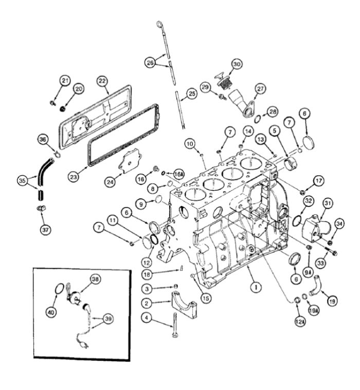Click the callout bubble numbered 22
[102, 81]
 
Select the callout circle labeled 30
[237, 64]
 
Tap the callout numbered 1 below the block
[256, 287]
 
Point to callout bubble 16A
[178, 174]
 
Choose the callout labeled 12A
[300, 322]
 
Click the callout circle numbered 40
[51, 312]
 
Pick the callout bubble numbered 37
[45, 230]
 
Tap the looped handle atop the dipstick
[159, 24]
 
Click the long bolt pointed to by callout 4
[174, 325]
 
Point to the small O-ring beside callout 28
[258, 119]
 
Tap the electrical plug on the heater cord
[84, 345]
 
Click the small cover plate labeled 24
[130, 161]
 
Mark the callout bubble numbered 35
[22, 180]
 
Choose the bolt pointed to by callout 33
[329, 250]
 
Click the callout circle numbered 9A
[308, 273]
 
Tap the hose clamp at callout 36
[58, 154]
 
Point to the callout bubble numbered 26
[150, 62]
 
